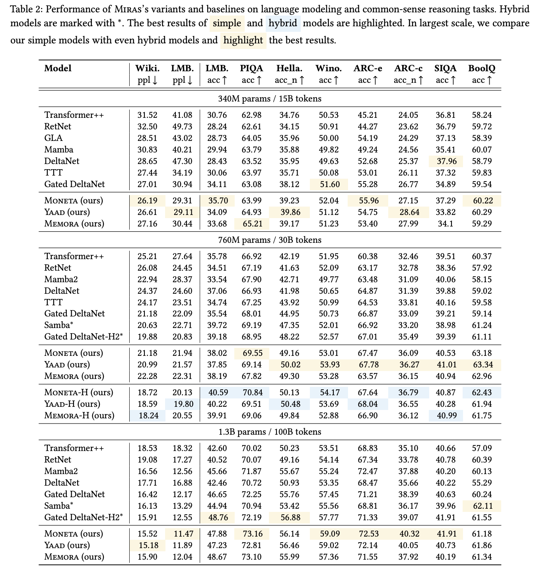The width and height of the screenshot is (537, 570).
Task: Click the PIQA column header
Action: pos(251,68)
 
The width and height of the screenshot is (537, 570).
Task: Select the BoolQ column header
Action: pos(482,68)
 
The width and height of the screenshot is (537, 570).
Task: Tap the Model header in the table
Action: pos(58,68)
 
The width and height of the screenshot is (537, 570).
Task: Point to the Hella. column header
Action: pos(290,68)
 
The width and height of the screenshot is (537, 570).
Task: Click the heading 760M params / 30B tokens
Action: pos(270,240)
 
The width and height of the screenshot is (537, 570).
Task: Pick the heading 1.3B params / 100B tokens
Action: pos(270,432)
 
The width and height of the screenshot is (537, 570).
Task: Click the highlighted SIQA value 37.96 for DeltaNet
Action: pos(446,161)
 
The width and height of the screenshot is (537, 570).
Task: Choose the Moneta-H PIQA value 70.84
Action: pos(251,392)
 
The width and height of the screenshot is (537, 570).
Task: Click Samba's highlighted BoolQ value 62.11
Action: pos(482,506)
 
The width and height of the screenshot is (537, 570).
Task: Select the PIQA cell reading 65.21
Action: pos(251,224)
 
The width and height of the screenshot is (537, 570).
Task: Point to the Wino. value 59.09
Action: pos(329,534)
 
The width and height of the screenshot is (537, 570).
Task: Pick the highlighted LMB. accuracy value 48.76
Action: pos(217,517)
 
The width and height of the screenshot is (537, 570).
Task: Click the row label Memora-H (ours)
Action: pos(79,416)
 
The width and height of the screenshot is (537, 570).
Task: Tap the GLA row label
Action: pos(53,138)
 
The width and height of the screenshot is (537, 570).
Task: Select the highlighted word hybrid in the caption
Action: pos(283,23)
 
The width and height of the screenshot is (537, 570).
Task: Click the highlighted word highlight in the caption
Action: pos(243,40)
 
